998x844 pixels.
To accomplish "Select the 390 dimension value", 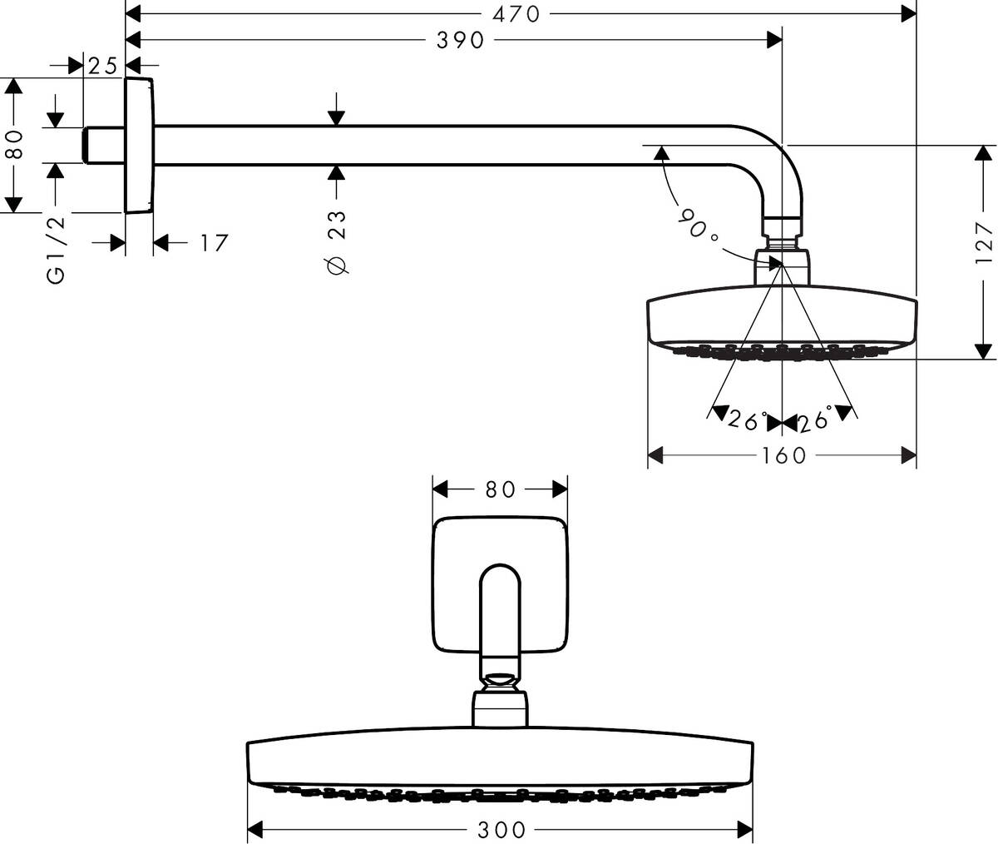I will coord(460,39).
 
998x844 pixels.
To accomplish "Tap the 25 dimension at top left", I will coord(104,66).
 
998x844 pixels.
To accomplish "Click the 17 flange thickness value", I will coord(213,243).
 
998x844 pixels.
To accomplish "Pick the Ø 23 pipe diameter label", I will coord(336,240).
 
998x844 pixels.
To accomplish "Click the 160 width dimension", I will coord(783,455).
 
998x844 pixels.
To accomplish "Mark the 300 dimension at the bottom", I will coord(501,829).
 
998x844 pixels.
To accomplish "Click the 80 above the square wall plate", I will coord(501,489).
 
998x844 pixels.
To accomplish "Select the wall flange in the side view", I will coord(139,145).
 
